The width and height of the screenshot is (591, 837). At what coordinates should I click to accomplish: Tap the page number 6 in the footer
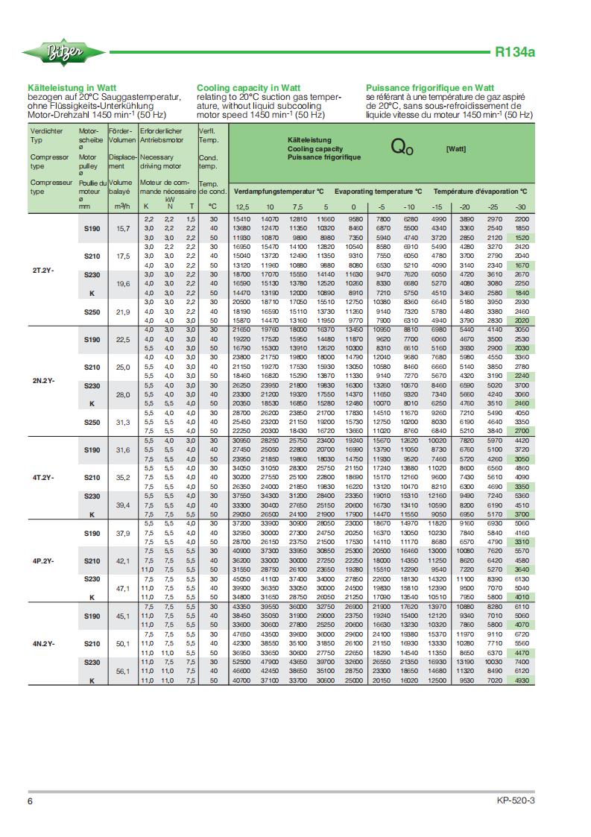pyautogui.click(x=31, y=802)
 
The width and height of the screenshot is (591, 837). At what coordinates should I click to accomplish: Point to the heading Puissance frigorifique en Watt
pyautogui.click(x=430, y=88)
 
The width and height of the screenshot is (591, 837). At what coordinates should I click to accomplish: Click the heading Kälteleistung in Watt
pyautogui.click(x=72, y=88)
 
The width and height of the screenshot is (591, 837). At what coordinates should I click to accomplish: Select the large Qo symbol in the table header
pyautogui.click(x=402, y=147)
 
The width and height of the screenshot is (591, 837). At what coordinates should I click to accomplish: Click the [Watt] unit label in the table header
pyautogui.click(x=455, y=149)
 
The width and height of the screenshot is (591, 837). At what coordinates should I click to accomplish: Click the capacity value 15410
pyautogui.click(x=241, y=218)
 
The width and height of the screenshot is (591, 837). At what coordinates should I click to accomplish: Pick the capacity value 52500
pyautogui.click(x=241, y=661)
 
